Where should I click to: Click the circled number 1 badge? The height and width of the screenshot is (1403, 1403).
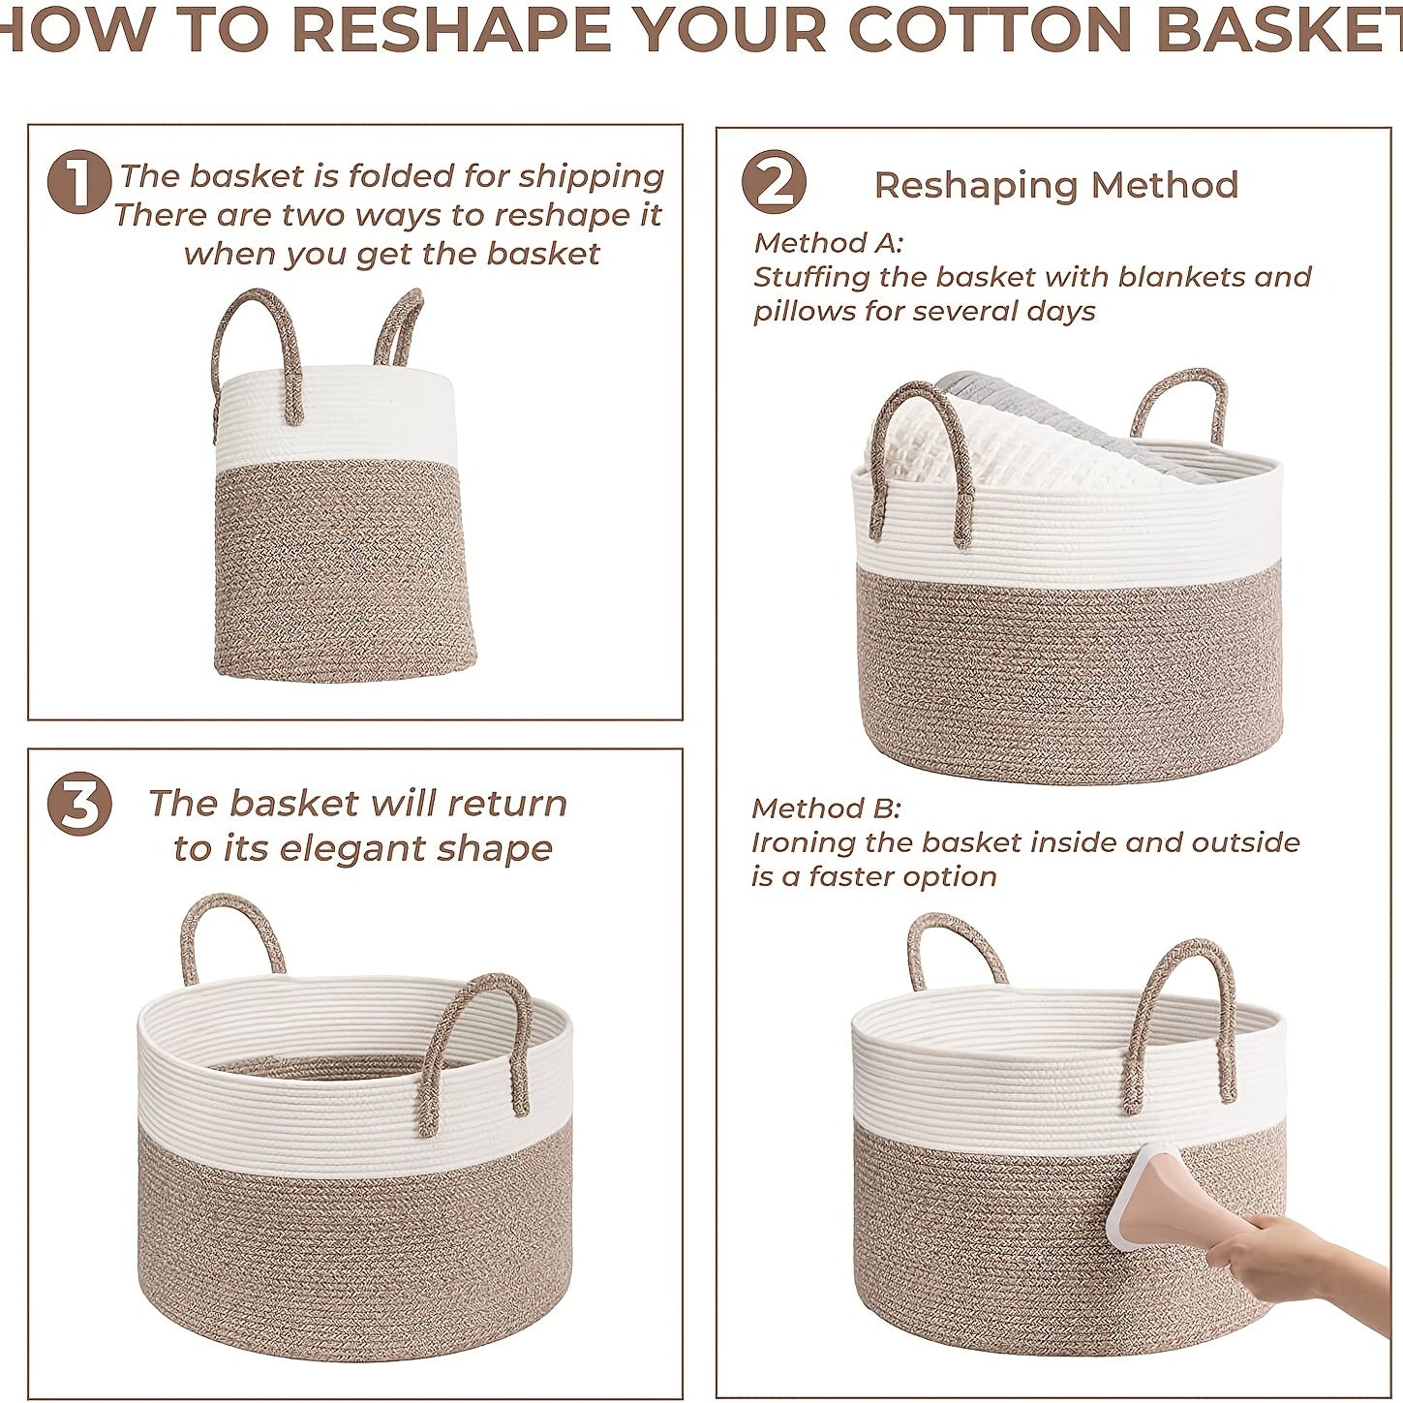[79, 182]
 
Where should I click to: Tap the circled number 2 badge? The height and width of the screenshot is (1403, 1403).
[774, 183]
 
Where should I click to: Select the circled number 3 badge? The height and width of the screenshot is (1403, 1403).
[79, 805]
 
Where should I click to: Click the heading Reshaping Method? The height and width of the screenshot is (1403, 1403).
[1055, 185]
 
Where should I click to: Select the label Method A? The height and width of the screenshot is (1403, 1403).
[828, 242]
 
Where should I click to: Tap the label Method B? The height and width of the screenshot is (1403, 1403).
[826, 808]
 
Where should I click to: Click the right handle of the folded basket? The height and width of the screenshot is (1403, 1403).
[399, 327]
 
